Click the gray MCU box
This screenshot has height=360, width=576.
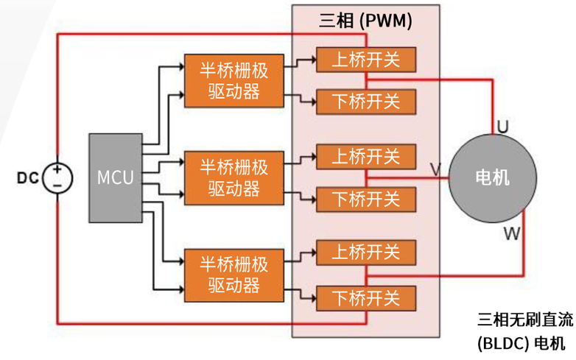(x=115, y=177)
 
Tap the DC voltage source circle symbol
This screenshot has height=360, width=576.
(x=57, y=177)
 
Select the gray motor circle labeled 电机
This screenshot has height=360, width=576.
(x=491, y=177)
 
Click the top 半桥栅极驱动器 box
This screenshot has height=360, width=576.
(x=233, y=79)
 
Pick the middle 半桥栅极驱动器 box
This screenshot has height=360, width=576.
(x=233, y=177)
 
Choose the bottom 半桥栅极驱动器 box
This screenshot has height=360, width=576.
(x=233, y=275)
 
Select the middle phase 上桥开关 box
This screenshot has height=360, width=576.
(x=366, y=157)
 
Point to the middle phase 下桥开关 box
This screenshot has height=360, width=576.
(x=366, y=199)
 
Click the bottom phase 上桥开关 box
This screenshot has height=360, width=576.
(x=366, y=253)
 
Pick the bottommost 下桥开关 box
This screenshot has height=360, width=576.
(x=366, y=297)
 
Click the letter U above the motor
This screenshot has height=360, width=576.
(x=502, y=127)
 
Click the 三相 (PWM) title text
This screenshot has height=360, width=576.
(x=365, y=21)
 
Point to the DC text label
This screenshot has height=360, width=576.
(x=27, y=178)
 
